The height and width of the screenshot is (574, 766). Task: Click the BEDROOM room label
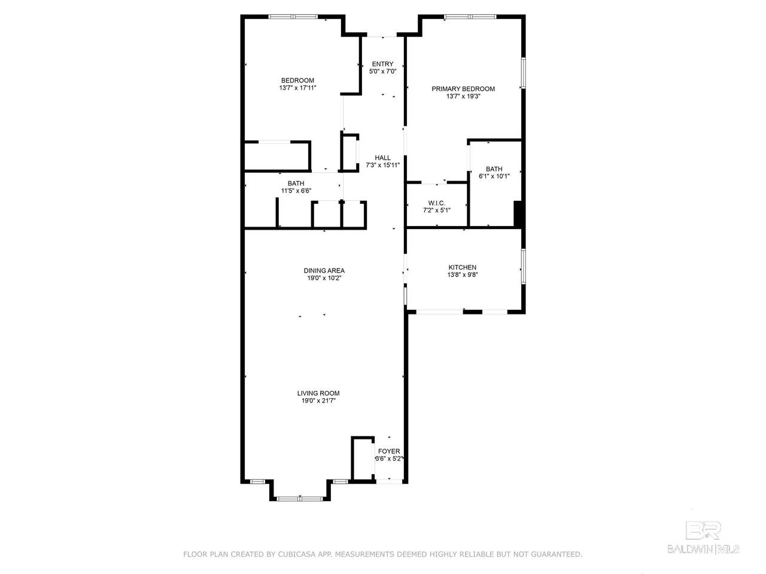pyautogui.click(x=297, y=81)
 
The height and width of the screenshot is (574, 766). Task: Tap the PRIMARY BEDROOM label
pyautogui.click(x=463, y=89)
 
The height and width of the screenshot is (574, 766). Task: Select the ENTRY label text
pyautogui.click(x=382, y=64)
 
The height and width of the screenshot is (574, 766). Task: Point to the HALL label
pyautogui.click(x=382, y=158)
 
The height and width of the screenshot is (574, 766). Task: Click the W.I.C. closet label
pyautogui.click(x=437, y=203)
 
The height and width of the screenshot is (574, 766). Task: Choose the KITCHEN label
pyautogui.click(x=463, y=267)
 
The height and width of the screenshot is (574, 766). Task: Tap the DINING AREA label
pyautogui.click(x=324, y=270)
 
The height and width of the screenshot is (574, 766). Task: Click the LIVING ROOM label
pyautogui.click(x=318, y=393)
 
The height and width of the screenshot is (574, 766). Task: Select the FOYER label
pyautogui.click(x=389, y=451)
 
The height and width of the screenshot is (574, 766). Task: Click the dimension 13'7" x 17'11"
pyautogui.click(x=297, y=88)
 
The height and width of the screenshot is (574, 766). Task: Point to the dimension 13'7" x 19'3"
pyautogui.click(x=463, y=96)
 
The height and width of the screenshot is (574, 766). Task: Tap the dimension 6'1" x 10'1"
pyautogui.click(x=494, y=176)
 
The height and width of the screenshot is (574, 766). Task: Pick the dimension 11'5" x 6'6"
pyautogui.click(x=296, y=191)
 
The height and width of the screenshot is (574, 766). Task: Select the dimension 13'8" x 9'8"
pyautogui.click(x=463, y=274)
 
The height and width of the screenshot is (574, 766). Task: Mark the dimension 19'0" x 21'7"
pyautogui.click(x=318, y=401)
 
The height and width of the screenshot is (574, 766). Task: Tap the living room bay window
pyautogui.click(x=300, y=499)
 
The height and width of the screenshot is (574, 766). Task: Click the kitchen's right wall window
pyautogui.click(x=524, y=266)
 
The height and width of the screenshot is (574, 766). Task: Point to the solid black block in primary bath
pyautogui.click(x=518, y=214)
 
